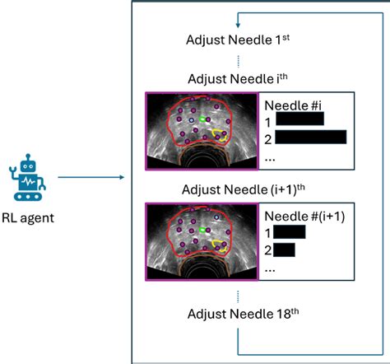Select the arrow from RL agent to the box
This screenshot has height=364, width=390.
91,176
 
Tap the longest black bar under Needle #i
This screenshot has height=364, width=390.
310,137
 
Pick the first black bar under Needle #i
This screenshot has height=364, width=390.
300,120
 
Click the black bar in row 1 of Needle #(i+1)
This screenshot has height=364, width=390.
290,232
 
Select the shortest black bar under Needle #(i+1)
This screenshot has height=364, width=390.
285,249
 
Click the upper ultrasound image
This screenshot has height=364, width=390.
202,131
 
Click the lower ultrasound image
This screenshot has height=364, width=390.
202,241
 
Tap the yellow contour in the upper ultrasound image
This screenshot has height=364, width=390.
220,133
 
